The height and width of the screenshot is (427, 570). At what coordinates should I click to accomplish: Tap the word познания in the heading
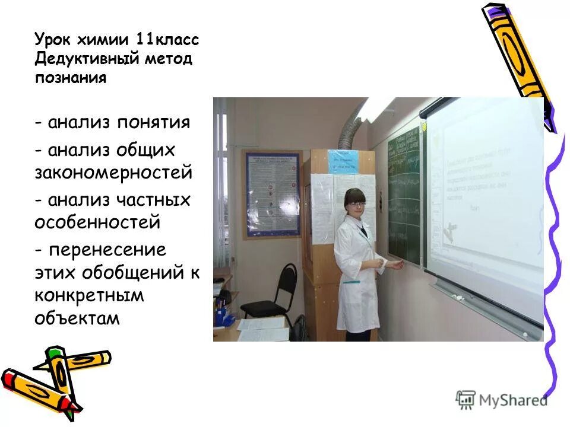click(x=70, y=78)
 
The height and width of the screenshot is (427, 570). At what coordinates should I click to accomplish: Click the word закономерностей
click(x=113, y=173)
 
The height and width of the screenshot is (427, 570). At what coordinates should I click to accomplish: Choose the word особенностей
click(x=98, y=222)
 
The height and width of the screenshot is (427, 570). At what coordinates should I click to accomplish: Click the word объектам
click(x=77, y=318)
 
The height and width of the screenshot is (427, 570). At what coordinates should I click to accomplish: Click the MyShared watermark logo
click(x=501, y=400)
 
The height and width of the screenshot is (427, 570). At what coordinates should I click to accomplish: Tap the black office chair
click(x=276, y=297)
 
